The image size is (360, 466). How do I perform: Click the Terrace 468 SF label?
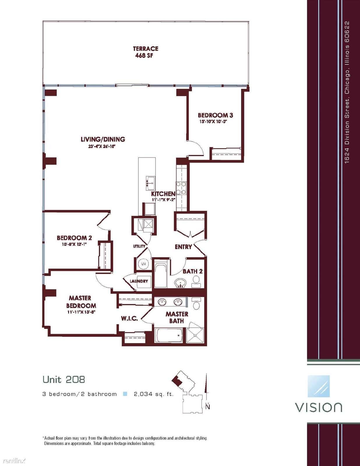pyautogui.click(x=145, y=52)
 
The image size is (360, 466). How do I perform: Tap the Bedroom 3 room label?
pyautogui.click(x=215, y=115)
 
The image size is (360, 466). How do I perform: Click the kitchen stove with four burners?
pyautogui.click(x=181, y=188)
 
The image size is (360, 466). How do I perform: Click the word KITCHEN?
pyautogui.click(x=163, y=194)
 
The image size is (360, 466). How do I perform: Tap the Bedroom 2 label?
pyautogui.click(x=74, y=238)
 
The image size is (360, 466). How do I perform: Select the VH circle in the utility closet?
pyautogui.click(x=143, y=264)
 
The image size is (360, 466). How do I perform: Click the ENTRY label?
pyautogui.click(x=183, y=247)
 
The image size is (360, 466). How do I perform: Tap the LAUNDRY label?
pyautogui.click(x=139, y=281)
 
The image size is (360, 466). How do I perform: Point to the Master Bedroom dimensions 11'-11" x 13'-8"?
pyautogui.click(x=81, y=312)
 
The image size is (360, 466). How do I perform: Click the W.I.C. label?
pyautogui.click(x=129, y=318)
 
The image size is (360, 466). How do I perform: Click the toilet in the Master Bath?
pyautogui.click(x=196, y=303)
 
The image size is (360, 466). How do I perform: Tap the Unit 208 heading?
pyautogui.click(x=64, y=379)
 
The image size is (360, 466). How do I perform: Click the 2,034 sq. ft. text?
pyautogui.click(x=153, y=394)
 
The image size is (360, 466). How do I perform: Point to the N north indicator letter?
pyautogui.click(x=208, y=407)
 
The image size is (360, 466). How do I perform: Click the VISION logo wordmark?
pyautogui.click(x=319, y=407)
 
